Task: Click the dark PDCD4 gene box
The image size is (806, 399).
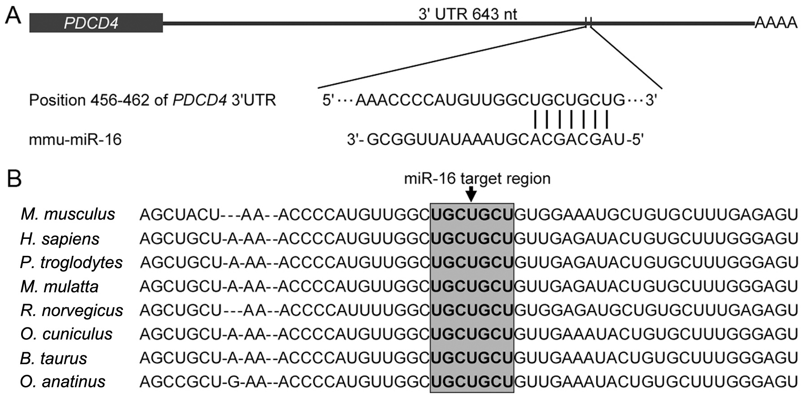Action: [96, 22]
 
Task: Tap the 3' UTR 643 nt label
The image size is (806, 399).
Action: [467, 14]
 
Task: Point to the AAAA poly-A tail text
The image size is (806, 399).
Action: [775, 22]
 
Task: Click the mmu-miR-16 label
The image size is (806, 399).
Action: [75, 139]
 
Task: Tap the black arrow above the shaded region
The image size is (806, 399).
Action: [471, 194]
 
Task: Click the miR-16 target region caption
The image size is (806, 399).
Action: [477, 179]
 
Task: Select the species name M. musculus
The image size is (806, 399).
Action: [68, 214]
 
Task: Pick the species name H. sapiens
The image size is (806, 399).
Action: [60, 238]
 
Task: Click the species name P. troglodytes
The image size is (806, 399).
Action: [71, 262]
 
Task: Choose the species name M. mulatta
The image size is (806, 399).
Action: [59, 287]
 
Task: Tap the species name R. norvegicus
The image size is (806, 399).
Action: [72, 310]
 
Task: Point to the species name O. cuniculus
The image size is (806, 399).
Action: [66, 334]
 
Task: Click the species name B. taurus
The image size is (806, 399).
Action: [53, 358]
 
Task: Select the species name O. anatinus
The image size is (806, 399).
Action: [63, 381]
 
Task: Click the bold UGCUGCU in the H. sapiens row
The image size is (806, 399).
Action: [472, 238]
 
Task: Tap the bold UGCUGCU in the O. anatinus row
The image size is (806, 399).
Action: [472, 381]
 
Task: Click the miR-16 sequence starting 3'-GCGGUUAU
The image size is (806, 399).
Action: [495, 140]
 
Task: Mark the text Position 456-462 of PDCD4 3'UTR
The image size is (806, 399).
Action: [152, 100]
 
